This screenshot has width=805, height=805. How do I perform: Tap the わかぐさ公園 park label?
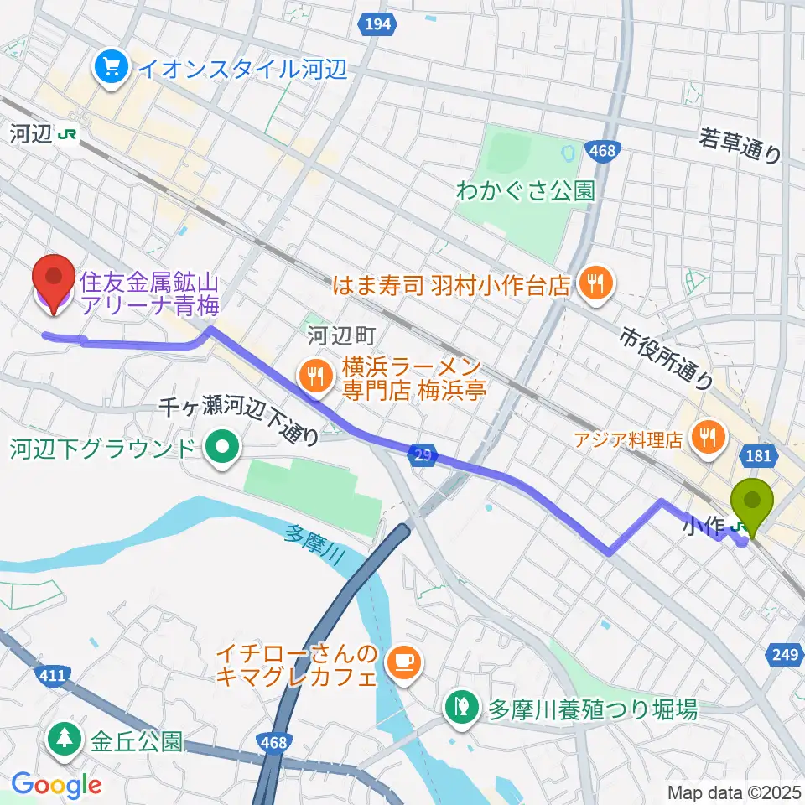click(525, 191)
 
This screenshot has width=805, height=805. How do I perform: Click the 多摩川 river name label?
click(315, 546)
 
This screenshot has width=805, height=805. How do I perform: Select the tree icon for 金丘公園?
click(65, 740)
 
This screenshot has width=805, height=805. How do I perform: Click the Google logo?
click(55, 785)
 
